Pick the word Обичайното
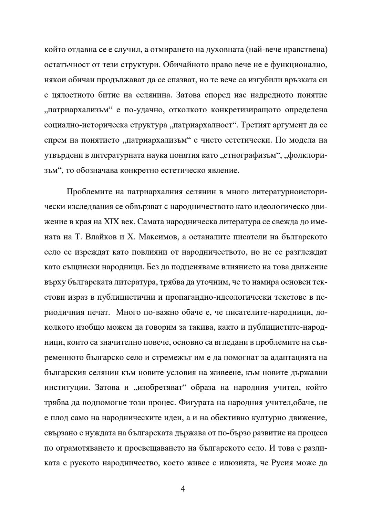pos(190,64)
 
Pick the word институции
pos(66,387)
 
